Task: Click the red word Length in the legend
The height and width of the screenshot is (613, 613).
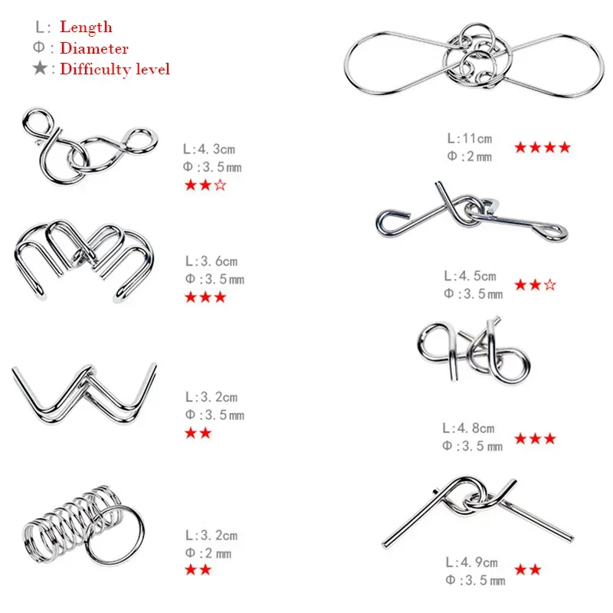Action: (86, 27)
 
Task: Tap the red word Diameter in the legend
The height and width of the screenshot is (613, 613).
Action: (93, 48)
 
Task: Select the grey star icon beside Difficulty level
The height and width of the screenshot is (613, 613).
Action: (40, 68)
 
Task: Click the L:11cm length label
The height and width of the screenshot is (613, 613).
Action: (470, 139)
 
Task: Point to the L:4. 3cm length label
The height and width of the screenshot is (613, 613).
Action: (209, 149)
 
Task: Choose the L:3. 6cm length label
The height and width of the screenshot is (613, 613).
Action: (211, 261)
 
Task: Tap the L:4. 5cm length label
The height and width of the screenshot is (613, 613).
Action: (470, 276)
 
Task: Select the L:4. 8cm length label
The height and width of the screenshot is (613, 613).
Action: (468, 428)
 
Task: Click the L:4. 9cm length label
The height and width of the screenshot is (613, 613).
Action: (472, 562)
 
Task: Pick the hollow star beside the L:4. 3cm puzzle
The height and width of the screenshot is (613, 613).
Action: (221, 185)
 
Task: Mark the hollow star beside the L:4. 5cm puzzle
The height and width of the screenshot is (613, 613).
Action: (549, 284)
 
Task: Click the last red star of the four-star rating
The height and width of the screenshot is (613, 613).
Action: (564, 147)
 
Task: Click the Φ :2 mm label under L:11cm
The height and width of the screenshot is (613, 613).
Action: (470, 156)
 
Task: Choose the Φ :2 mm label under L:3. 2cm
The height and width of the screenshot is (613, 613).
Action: (208, 553)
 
